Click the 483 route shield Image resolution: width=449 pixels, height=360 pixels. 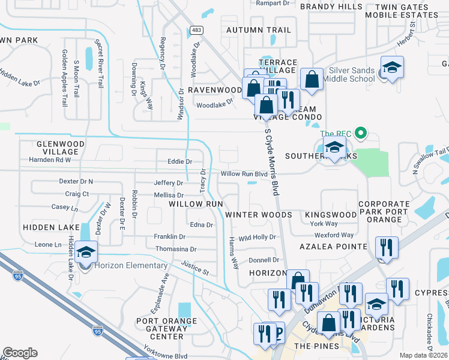click(196, 29)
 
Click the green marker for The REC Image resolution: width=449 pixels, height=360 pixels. click(360, 133)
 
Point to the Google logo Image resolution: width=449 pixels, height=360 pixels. click(20, 353)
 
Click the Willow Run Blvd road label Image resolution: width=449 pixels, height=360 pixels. click(244, 174)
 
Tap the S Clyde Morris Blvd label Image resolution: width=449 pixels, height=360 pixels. click(273, 161)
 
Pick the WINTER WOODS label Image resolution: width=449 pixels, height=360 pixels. click(258, 215)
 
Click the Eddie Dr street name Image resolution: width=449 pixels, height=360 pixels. click(180, 161)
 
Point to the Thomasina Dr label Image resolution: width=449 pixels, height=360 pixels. click(176, 249)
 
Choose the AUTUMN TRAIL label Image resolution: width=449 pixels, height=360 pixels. click(258, 30)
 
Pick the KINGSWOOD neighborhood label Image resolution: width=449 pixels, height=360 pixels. click(330, 215)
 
